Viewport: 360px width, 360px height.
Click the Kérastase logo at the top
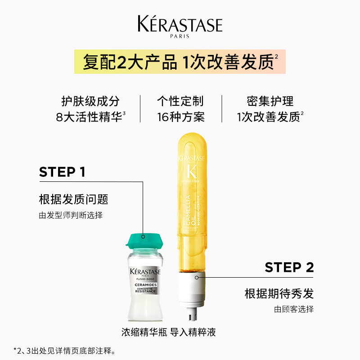[180, 24]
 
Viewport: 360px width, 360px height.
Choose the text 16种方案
[180, 117]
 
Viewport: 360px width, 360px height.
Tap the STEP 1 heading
[62, 172]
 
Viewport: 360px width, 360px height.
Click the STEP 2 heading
[289, 267]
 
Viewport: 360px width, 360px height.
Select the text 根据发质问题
[73, 199]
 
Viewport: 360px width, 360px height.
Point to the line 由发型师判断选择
[71, 215]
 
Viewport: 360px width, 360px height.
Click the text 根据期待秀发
[279, 294]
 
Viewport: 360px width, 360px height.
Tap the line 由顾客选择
[294, 309]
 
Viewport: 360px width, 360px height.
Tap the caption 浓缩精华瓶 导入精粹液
[168, 333]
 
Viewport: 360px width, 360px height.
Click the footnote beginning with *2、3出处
[65, 350]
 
